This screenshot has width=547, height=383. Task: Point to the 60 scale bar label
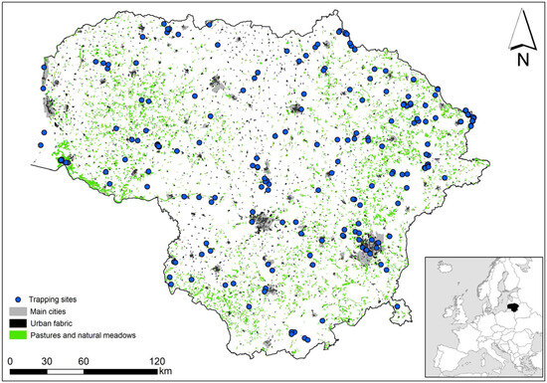click(83, 360)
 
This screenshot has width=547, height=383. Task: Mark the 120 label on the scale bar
click(155, 360)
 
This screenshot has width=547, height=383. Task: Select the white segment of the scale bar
click(64, 371)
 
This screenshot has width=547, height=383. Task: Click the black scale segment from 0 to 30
click(28, 371)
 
